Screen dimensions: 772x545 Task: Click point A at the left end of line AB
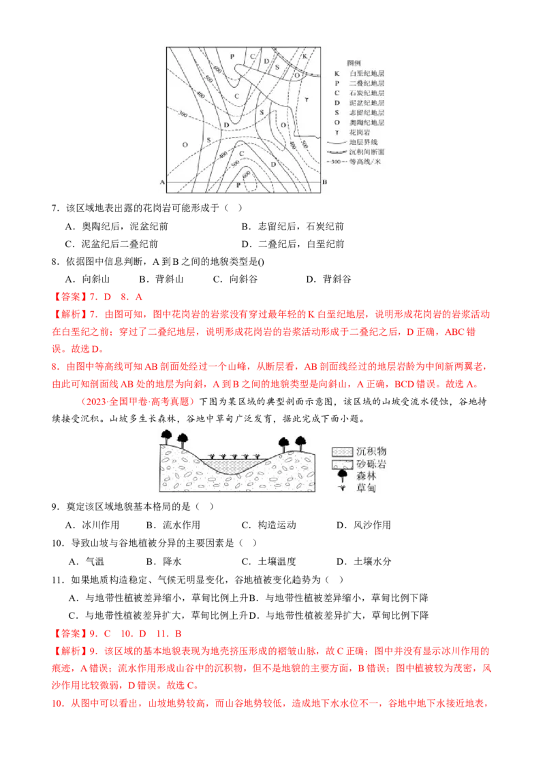(x=162, y=182)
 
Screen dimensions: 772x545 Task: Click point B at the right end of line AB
(x=324, y=182)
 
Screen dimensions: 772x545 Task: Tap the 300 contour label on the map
(x=181, y=113)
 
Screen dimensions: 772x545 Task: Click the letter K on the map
(x=305, y=54)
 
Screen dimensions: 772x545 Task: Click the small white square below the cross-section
(x=346, y=580)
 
